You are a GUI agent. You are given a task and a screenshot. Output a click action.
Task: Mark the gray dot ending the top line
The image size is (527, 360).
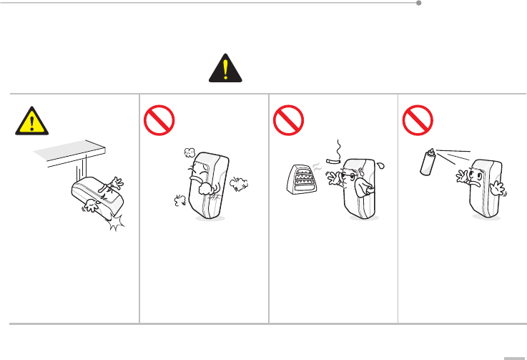419,3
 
